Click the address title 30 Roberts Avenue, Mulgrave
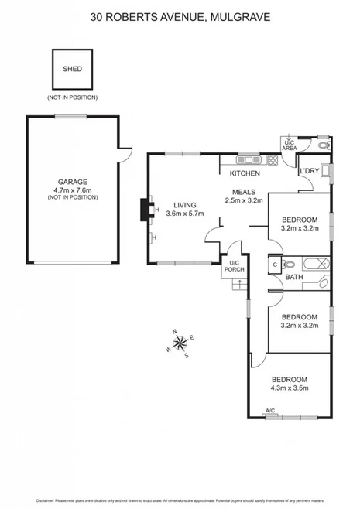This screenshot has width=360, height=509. coord(180,15)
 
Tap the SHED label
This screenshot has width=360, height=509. coord(71,69)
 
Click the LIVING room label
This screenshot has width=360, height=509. coord(185,205)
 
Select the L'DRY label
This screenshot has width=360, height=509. coord(310,171)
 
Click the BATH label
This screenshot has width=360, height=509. coord(293,277)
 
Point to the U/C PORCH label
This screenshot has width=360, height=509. coord(234,266)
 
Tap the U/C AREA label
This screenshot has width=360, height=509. coord(289,145)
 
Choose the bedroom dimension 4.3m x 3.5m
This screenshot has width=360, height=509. coord(289,388)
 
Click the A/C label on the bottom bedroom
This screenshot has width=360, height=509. coord(271,410)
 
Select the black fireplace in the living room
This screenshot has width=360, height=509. coord(144,210)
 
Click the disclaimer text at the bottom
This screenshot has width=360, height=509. coord(180,500)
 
